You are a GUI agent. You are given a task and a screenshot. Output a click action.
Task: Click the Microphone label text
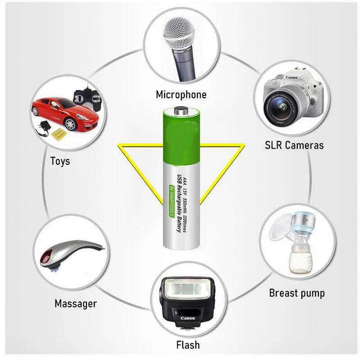click(181, 94)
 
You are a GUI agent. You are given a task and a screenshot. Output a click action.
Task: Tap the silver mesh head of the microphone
click(179, 33)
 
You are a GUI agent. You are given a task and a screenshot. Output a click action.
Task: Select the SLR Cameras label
click(294, 145)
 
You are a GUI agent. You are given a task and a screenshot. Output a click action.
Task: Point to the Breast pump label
click(297, 293)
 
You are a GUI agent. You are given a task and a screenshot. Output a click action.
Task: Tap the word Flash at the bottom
click(188, 345)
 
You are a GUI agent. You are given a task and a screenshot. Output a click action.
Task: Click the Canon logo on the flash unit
click(188, 318)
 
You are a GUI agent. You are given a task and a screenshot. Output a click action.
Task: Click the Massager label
click(76, 303)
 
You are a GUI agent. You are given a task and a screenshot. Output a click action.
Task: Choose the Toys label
click(60, 161)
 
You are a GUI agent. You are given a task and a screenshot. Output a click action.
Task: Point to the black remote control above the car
click(87, 98)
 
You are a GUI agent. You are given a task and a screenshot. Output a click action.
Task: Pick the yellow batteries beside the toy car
click(59, 135)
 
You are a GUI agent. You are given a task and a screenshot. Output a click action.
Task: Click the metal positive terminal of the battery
click(181, 110)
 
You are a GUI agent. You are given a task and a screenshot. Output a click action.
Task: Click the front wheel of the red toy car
click(70, 124)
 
